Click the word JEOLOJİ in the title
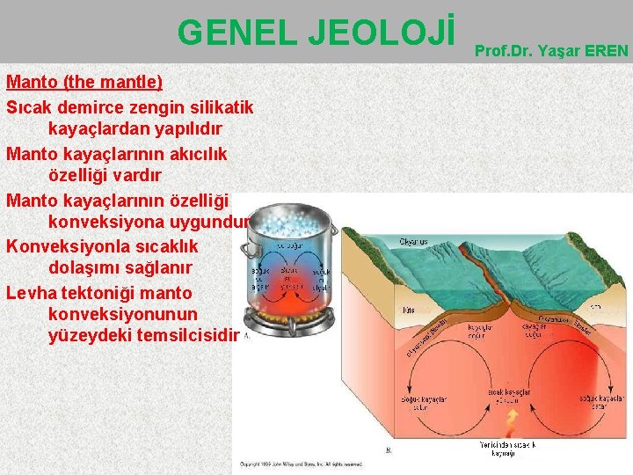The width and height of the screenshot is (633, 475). click(380, 33)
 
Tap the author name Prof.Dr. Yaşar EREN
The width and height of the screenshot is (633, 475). click(551, 50)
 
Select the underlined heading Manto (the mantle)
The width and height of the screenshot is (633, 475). click(84, 83)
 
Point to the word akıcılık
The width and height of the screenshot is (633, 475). click(191, 154)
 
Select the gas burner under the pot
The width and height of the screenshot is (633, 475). click(291, 330)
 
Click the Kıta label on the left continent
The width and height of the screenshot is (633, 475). click(408, 310)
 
